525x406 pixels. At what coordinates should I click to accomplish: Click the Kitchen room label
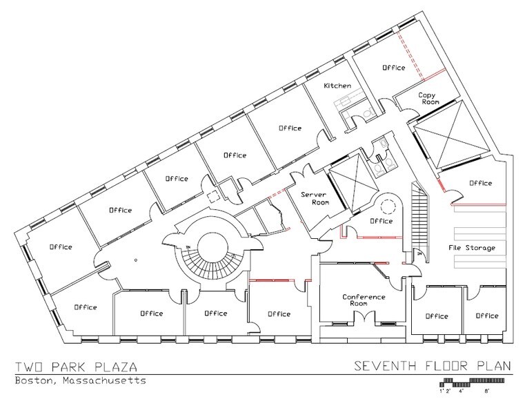point(338,86)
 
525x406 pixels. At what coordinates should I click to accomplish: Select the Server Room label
point(313,199)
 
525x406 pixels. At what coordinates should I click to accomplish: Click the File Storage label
point(473,247)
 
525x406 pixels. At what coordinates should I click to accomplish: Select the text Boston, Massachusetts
point(80,381)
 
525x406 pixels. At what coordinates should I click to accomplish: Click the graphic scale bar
point(476,382)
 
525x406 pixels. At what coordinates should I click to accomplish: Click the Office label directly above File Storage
point(480,183)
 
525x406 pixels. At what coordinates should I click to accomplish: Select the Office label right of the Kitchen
point(394,68)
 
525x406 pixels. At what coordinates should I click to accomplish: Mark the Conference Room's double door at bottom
point(364,318)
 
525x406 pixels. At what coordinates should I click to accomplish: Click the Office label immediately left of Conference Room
point(278,313)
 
